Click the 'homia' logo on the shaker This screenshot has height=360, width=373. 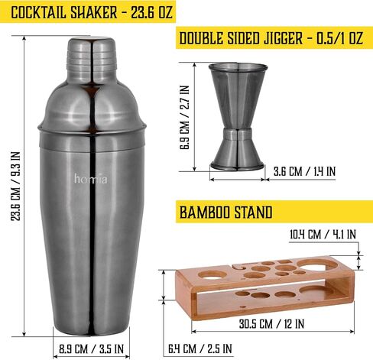pos(91,179)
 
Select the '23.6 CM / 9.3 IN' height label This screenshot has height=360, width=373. pos(15,186)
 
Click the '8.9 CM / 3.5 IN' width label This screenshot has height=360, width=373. pos(91,349)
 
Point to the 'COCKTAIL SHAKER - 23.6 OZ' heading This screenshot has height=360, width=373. pos(92,12)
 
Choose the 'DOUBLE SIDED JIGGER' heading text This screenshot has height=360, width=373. pos(241,38)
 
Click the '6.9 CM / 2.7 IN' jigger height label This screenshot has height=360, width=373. pos(184,117)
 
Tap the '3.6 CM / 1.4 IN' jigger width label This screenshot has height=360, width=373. pos(304,171)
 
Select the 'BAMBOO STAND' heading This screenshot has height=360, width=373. pos(226,212)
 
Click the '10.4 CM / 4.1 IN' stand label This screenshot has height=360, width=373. pos(323,234)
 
